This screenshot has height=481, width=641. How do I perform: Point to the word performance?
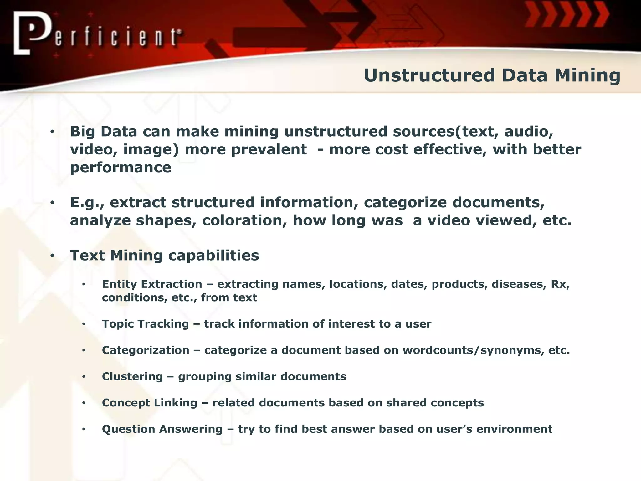click(121, 168)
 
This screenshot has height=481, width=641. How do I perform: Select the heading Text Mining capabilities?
click(164, 256)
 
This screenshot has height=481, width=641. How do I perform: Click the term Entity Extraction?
click(152, 284)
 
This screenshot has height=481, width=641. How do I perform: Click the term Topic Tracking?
click(146, 324)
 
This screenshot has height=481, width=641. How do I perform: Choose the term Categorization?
click(146, 350)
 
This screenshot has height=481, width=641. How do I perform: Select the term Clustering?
click(132, 376)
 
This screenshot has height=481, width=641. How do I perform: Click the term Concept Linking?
click(150, 403)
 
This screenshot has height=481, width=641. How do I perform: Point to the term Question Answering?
click(162, 429)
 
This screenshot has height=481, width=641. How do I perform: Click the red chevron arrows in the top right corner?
click(567, 15)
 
